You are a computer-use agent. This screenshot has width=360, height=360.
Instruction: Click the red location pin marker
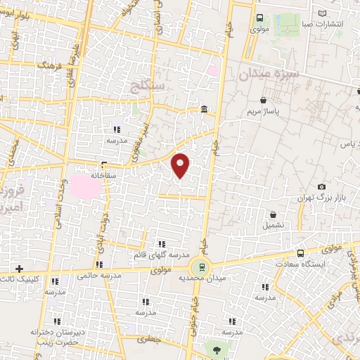pos(181,165)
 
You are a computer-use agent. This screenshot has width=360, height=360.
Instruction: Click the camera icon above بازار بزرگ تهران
pos(321,187)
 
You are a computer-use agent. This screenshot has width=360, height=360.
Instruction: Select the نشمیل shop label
pos(274,226)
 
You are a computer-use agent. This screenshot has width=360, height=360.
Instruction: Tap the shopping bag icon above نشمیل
pos(274,214)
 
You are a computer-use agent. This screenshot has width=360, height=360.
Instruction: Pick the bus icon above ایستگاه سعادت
pos(301,253)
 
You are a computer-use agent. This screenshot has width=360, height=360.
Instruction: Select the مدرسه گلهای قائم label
pos(160,255)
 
